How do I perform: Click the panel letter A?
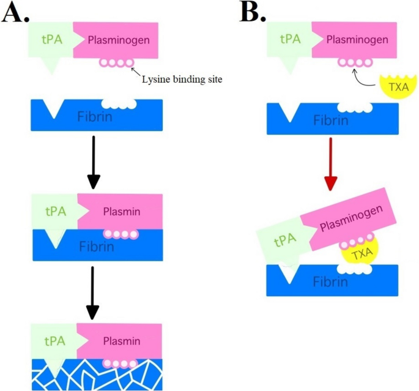click(x=15, y=13)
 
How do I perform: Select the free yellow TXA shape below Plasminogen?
click(x=398, y=85)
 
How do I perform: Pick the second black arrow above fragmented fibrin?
click(x=94, y=292)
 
